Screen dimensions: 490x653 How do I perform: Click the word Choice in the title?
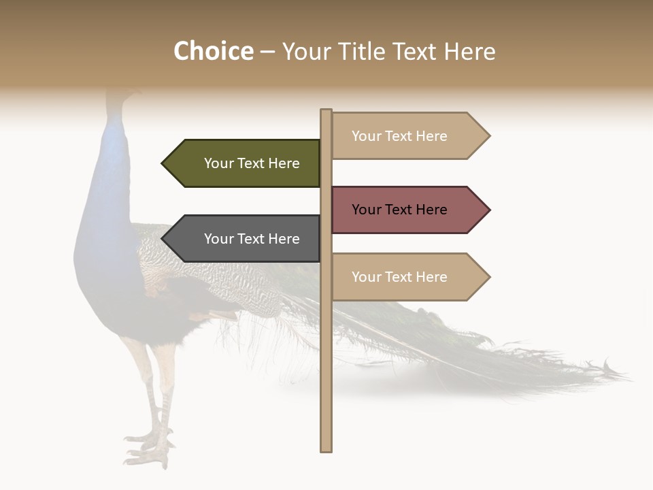pos(213,52)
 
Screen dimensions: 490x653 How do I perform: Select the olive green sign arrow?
pos(241,163)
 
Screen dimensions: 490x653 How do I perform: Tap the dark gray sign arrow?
pos(241,239)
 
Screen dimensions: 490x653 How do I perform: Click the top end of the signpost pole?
pos(326,111)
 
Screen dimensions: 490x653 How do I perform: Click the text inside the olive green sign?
pos(252,163)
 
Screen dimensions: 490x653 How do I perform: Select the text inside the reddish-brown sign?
pos(399,210)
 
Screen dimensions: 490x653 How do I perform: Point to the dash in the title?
pos(267,52)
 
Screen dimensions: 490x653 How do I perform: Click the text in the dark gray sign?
pos(252,239)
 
